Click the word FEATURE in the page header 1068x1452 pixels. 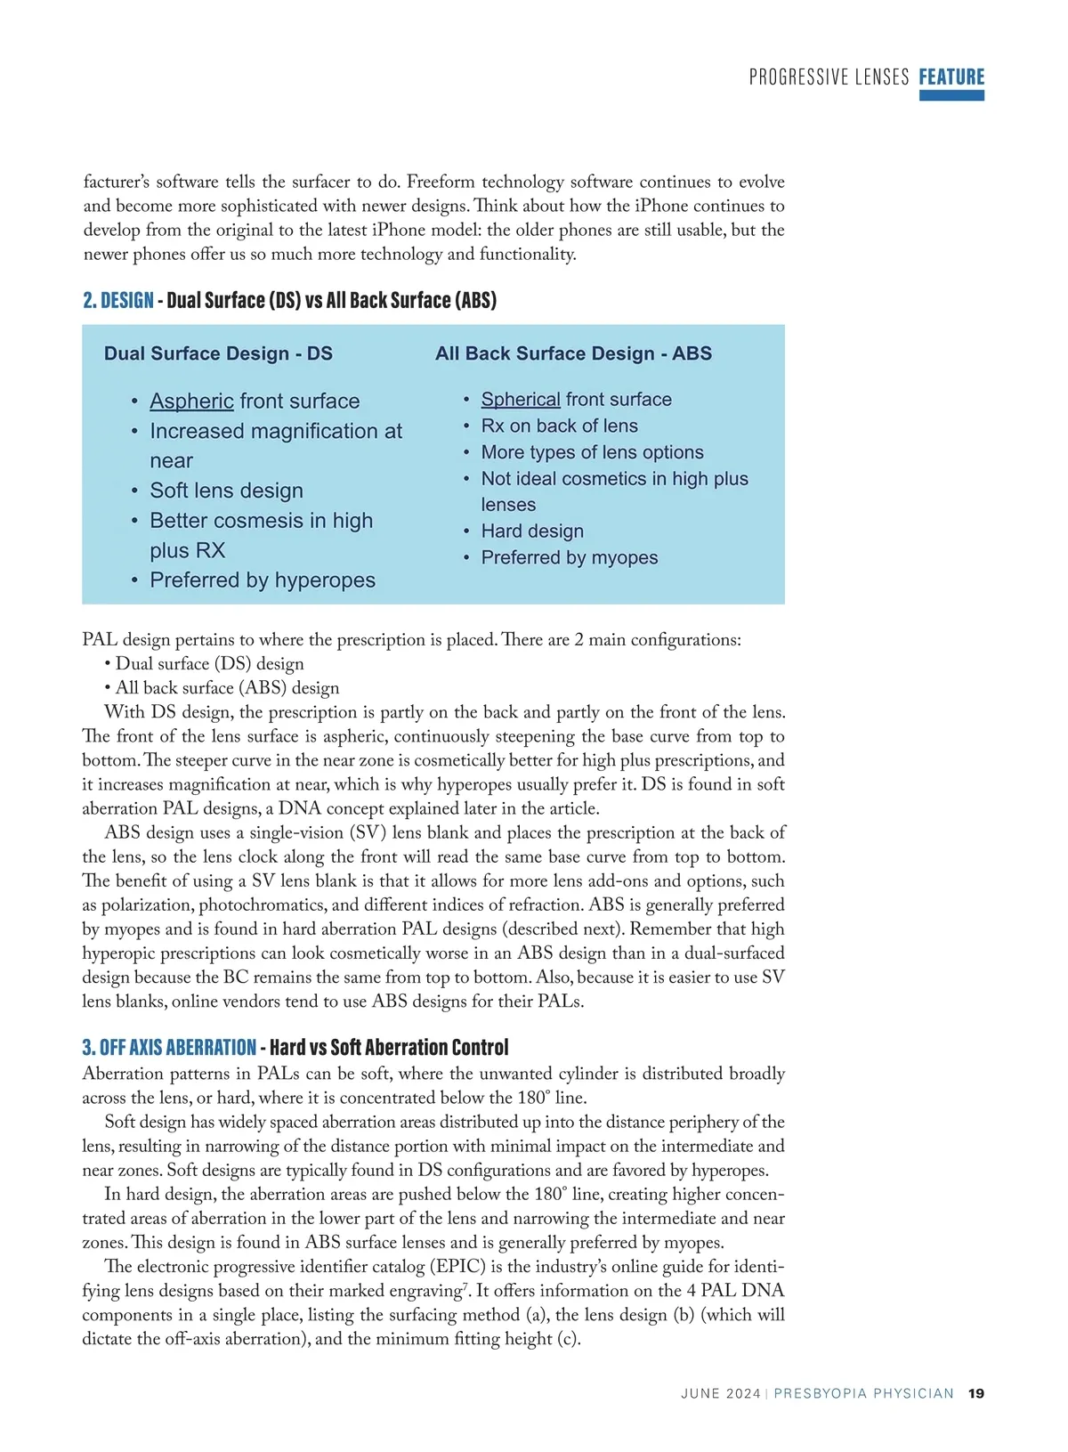[951, 77]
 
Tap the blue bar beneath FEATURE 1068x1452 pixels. [951, 95]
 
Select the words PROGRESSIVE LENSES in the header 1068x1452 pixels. [829, 77]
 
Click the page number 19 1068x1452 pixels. [976, 1393]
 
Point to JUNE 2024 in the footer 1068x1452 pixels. [720, 1393]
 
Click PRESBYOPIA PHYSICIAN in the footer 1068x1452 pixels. [863, 1393]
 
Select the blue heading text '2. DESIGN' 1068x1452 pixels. [118, 300]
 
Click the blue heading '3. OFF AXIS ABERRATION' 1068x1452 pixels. [169, 1047]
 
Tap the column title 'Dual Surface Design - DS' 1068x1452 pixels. [218, 353]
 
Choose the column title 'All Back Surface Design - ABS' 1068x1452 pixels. [573, 353]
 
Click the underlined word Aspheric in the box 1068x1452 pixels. [191, 402]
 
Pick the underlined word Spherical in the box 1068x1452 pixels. [521, 400]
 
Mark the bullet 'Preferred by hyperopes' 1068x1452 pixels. [263, 580]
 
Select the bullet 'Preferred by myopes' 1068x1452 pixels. [570, 558]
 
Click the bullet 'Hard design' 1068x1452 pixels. [532, 531]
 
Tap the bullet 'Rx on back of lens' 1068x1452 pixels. [559, 426]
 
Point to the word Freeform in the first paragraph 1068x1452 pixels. [441, 183]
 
